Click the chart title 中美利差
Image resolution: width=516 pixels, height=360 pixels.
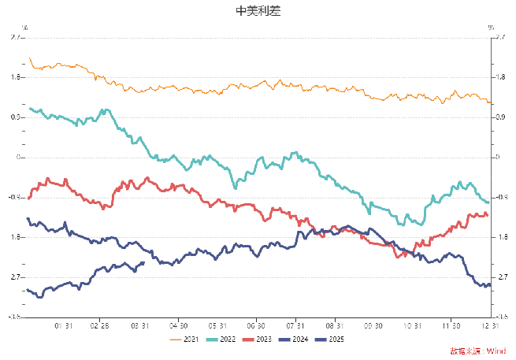[x=258, y=11]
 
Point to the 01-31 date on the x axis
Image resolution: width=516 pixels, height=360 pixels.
[x=64, y=325]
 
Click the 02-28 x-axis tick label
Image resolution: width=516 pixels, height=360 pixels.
[x=100, y=325]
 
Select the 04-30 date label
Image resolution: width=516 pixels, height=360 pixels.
[x=178, y=325]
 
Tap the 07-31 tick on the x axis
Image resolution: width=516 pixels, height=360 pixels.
[x=295, y=325]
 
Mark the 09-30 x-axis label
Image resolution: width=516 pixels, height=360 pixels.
[x=373, y=325]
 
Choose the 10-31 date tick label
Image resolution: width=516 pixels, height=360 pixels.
[x=412, y=325]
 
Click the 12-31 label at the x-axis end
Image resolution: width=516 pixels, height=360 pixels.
[x=490, y=325]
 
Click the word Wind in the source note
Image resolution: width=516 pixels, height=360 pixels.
[x=496, y=351]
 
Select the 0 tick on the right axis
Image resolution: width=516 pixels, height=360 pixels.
[x=497, y=157]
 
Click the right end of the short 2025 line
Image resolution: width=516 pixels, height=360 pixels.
[x=143, y=262]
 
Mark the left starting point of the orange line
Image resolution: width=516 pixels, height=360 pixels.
[x=28, y=58]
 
